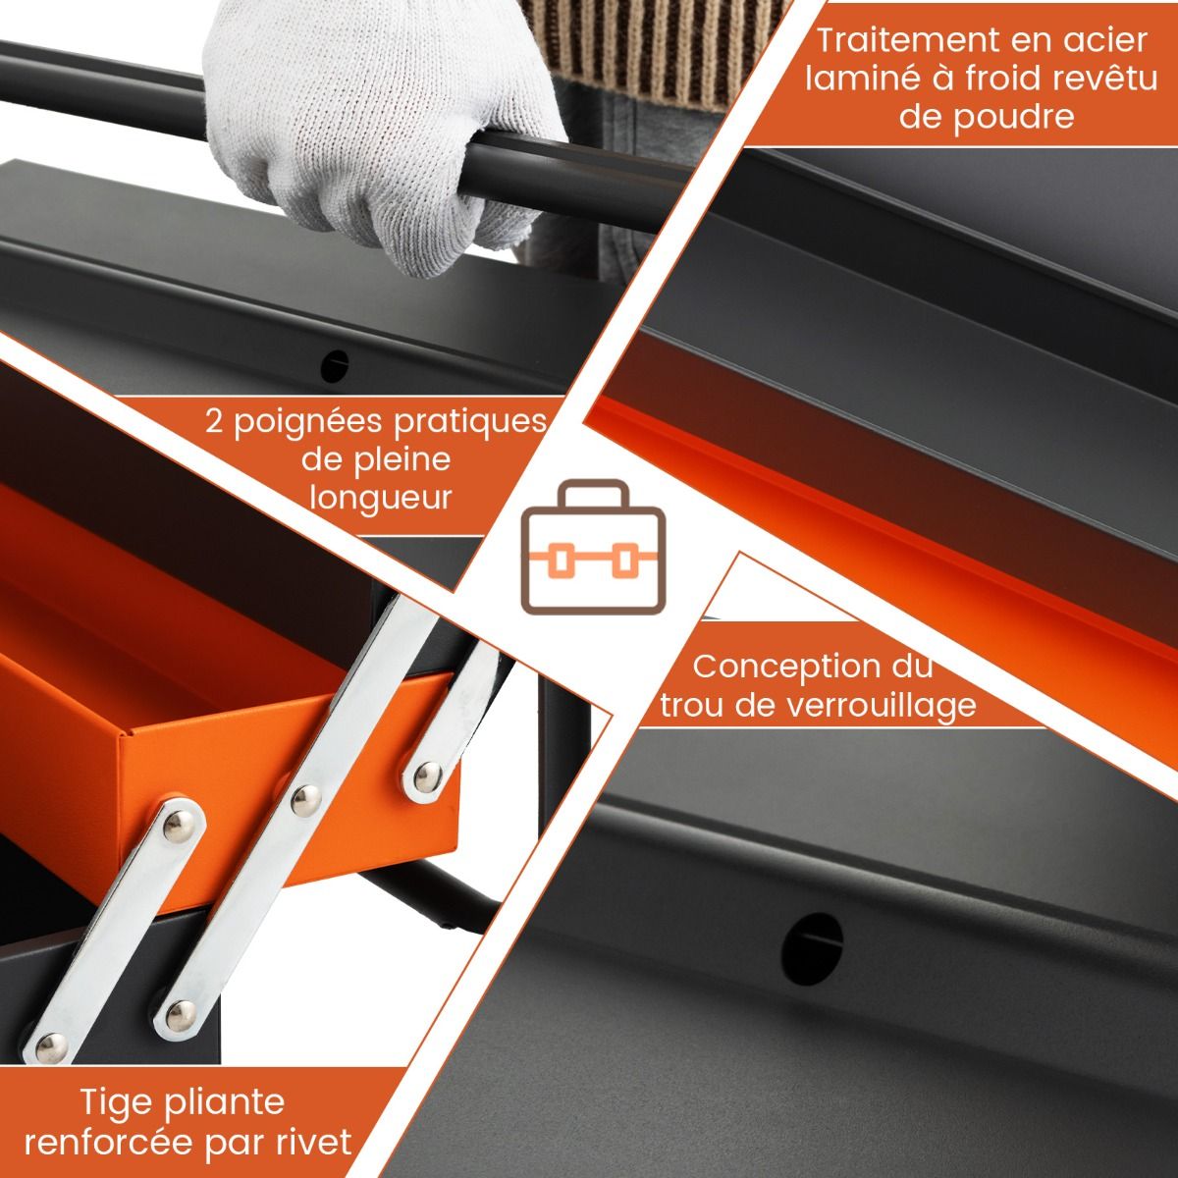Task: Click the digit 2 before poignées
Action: pos(216,421)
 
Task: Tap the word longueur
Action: pos(381,497)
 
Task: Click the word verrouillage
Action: pos(878,705)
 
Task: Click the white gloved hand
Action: pos(383,137)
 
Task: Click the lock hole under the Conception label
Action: pos(812,944)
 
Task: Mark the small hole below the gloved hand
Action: pos(336,365)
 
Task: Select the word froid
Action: pos(1019,79)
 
